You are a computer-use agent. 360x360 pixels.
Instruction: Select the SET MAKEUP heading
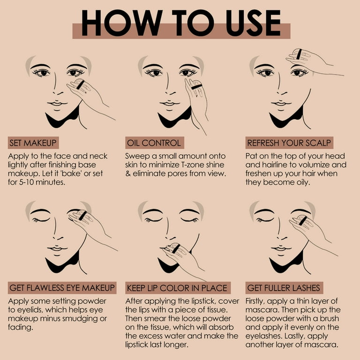point(34,143)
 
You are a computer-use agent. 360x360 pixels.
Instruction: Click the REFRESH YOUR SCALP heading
point(289,143)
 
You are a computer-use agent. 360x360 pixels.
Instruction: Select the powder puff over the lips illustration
point(176,249)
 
